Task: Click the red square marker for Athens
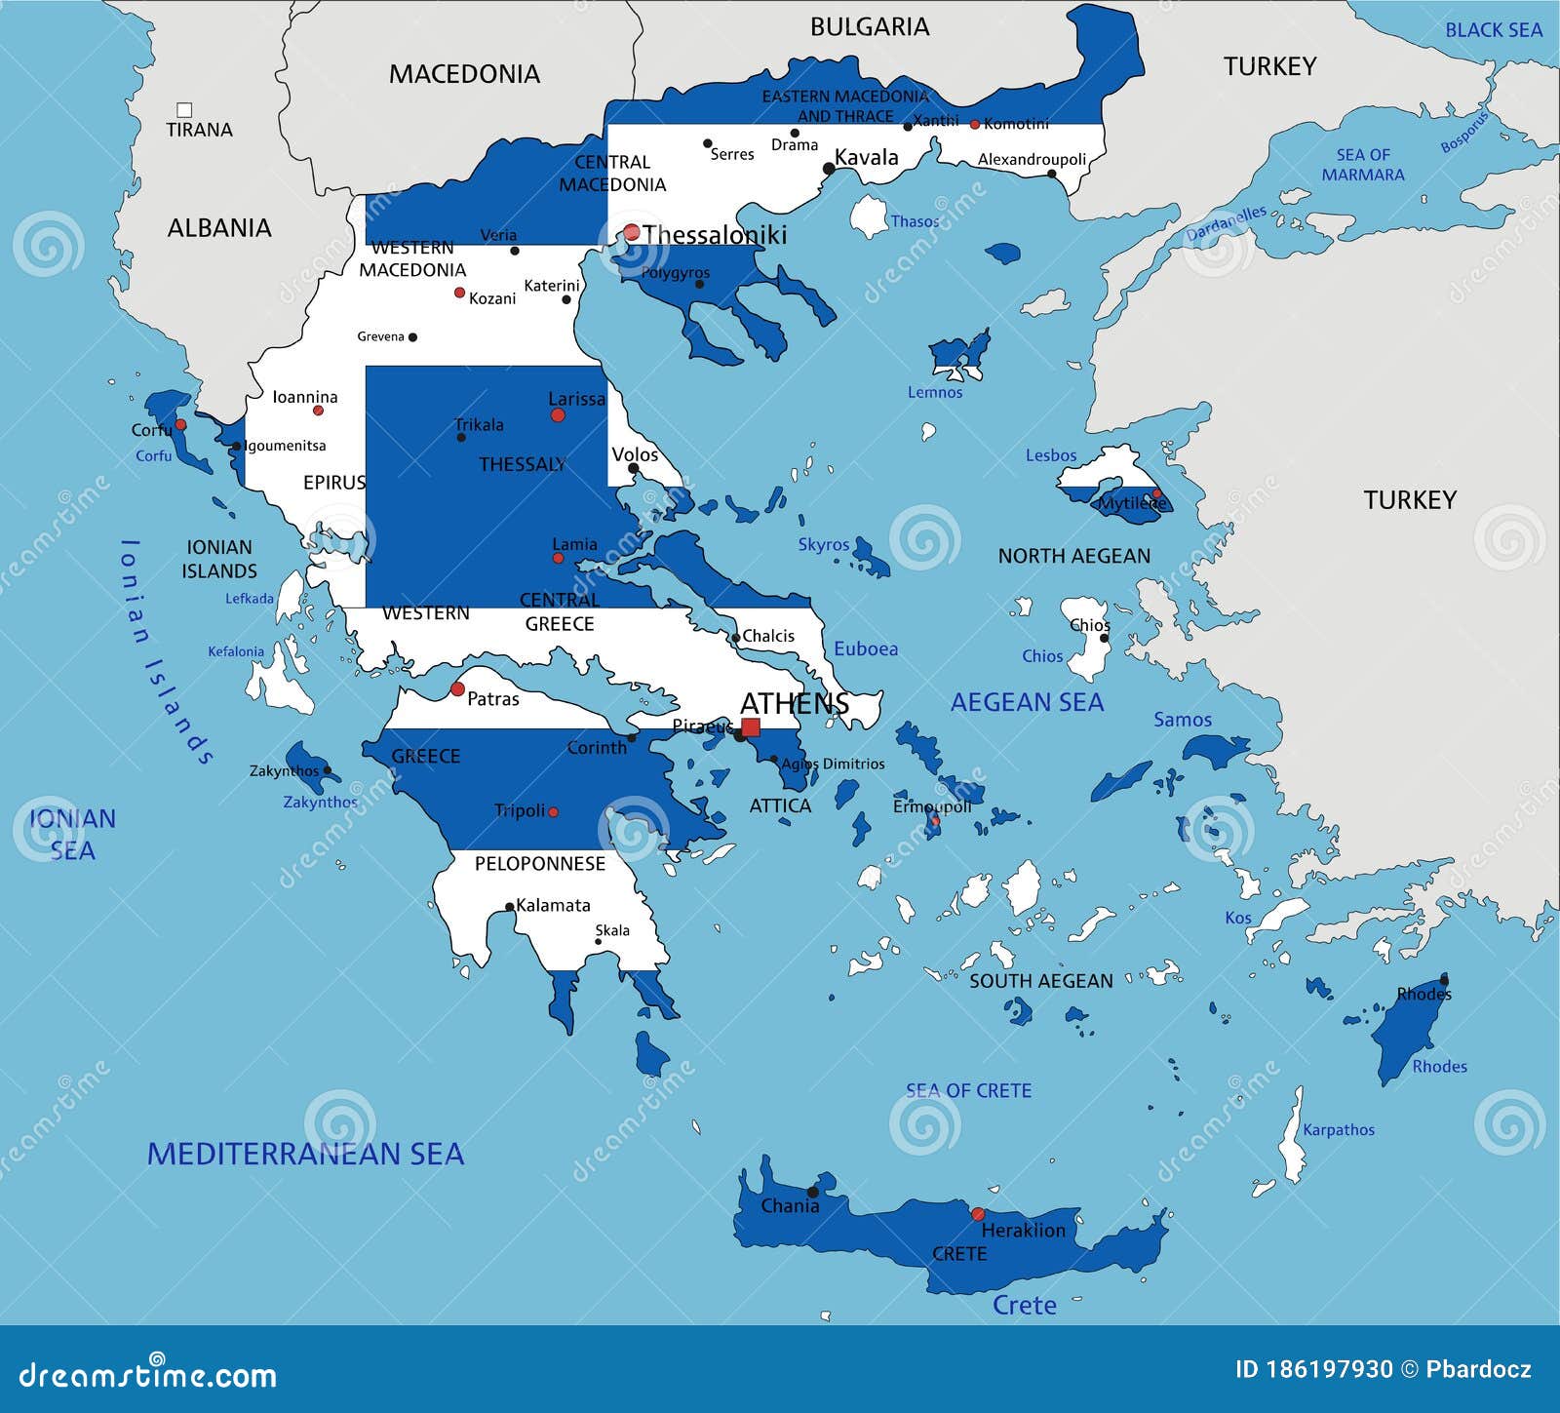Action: (750, 727)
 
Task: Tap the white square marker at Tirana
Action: (184, 110)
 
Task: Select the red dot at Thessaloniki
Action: (632, 232)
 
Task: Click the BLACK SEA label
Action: (1493, 30)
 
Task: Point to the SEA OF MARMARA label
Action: (1363, 165)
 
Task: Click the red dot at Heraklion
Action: (978, 1214)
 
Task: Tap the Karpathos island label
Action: (1338, 1130)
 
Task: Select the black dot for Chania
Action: (812, 1192)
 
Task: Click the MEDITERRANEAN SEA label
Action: (305, 1154)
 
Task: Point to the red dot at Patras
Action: (457, 689)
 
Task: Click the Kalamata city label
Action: (553, 905)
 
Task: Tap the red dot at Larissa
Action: (558, 415)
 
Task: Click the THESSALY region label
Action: (523, 464)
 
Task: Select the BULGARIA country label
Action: (870, 27)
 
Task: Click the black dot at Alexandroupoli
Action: (1051, 175)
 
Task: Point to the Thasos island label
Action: (915, 221)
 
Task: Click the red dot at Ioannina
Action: (318, 411)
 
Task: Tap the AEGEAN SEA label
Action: (1027, 702)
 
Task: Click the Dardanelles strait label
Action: (1226, 224)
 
